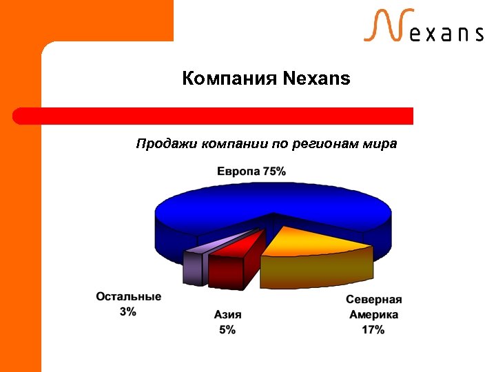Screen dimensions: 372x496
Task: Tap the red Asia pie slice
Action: point(234,258)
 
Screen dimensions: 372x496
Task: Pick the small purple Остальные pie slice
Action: point(194,265)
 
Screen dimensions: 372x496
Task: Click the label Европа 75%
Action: point(251,171)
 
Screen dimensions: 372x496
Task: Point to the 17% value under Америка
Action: point(373,330)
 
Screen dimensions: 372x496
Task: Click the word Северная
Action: point(373,300)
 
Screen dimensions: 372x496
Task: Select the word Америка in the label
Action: point(373,315)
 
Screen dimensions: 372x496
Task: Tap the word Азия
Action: point(227,315)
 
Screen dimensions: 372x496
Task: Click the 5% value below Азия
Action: point(227,330)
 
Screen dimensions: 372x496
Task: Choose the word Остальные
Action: point(129,296)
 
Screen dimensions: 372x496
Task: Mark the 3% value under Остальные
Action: point(128,311)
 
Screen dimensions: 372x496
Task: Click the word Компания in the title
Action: point(229,79)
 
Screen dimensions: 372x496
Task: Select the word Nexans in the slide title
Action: point(316,79)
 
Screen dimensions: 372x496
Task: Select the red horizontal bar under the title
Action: point(214,116)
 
